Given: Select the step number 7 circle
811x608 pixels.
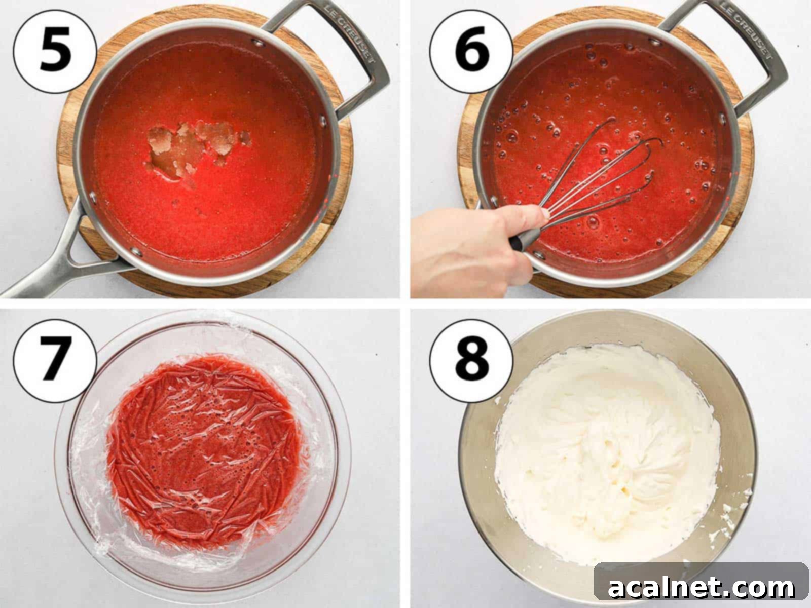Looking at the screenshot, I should [x=55, y=361].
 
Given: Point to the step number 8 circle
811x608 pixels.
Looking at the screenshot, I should [x=471, y=361].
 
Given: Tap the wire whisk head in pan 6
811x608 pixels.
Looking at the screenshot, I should [x=608, y=167].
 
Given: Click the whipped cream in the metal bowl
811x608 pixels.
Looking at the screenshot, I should [x=608, y=446].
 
